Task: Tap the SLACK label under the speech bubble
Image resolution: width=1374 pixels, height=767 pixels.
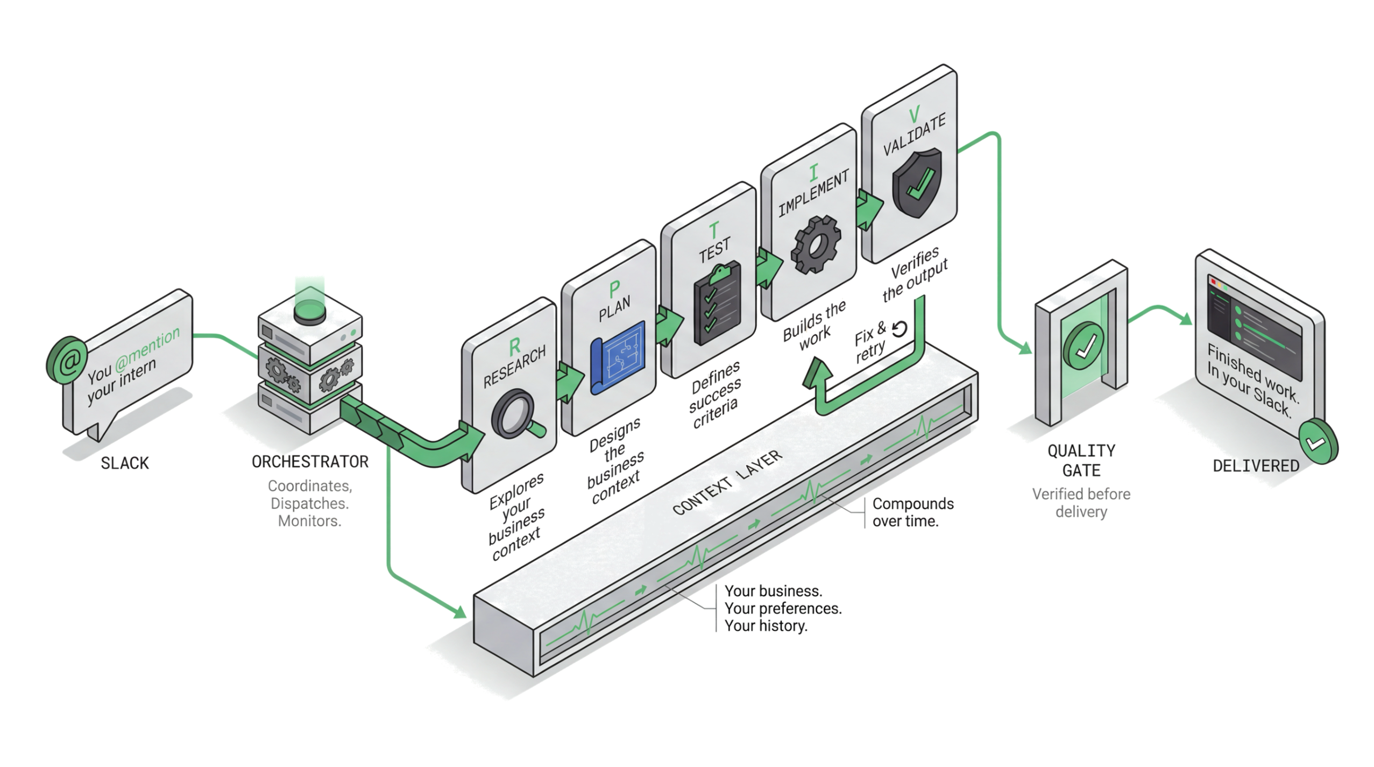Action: [125, 463]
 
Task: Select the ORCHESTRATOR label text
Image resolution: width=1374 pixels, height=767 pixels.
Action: [310, 462]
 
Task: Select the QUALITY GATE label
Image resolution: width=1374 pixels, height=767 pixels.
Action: [1081, 460]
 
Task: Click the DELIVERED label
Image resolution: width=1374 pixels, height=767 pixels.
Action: [1256, 466]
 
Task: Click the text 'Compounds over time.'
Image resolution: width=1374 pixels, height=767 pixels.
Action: [913, 512]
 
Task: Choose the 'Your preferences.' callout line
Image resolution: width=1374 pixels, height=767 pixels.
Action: [783, 609]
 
